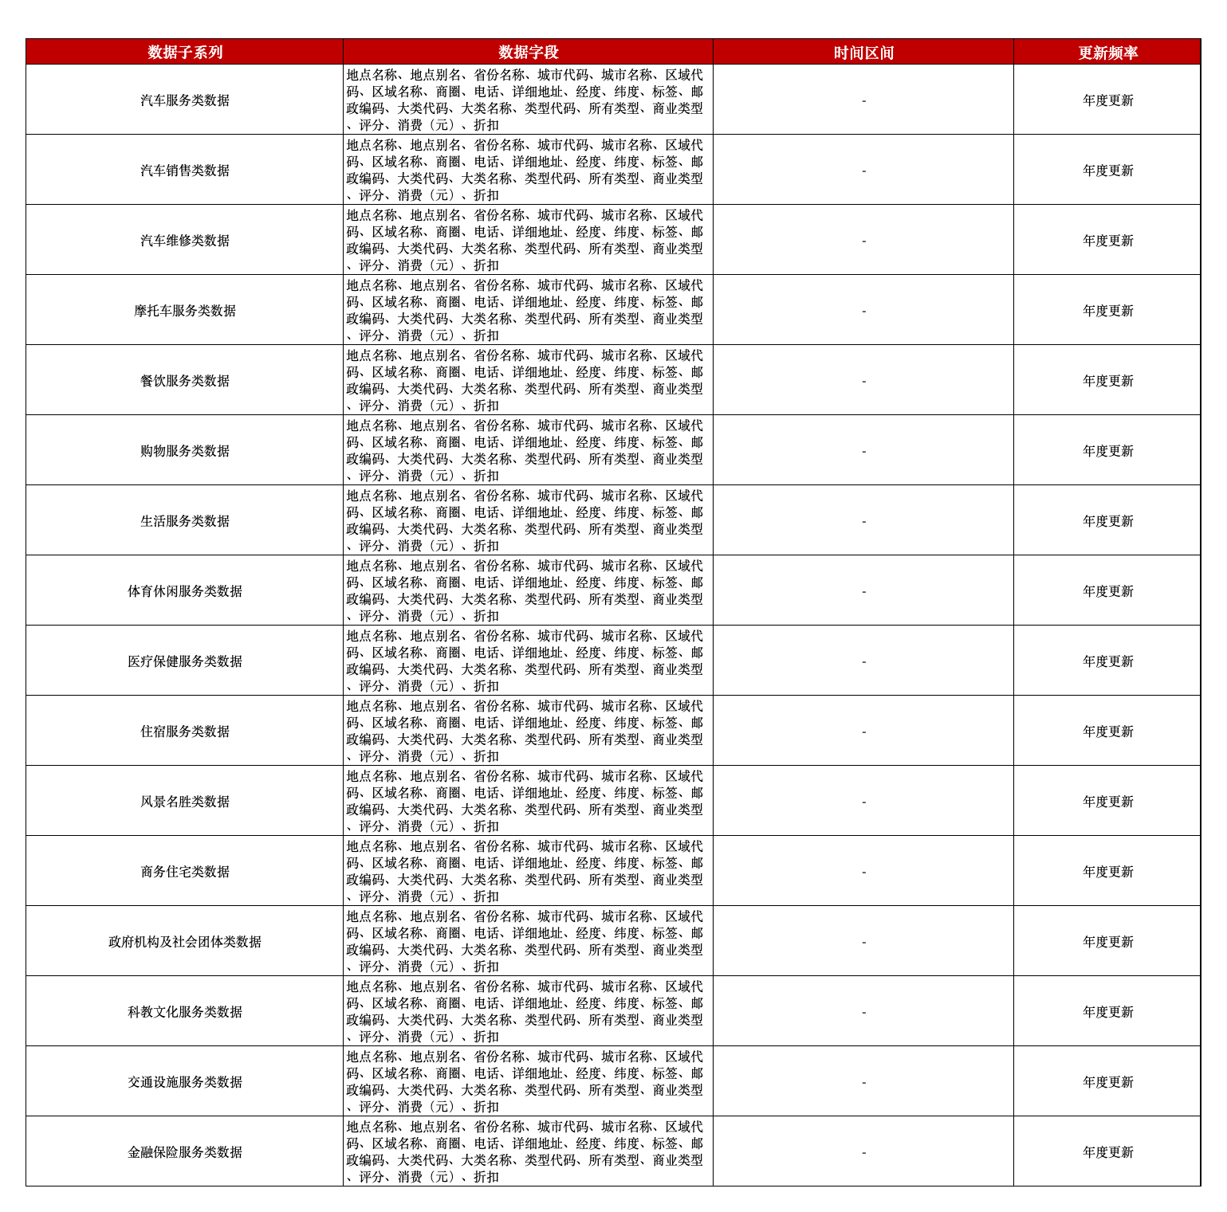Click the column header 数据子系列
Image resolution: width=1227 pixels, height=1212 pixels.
point(185,53)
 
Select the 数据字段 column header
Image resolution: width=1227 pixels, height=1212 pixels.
point(528,53)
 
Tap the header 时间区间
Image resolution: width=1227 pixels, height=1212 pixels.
point(863,53)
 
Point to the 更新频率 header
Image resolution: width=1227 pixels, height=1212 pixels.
point(1107,53)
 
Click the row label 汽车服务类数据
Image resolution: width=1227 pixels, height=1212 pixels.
point(185,100)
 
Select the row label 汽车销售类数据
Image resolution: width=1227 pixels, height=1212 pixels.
point(185,171)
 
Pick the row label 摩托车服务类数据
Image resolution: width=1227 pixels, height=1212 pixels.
point(185,311)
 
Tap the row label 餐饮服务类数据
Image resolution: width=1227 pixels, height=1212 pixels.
point(185,381)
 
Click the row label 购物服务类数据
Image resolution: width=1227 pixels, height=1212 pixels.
point(185,451)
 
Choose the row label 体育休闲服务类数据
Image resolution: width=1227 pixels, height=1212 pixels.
point(185,591)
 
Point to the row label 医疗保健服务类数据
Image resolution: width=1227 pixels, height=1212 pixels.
point(185,661)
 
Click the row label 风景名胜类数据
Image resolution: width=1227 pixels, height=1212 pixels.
point(185,802)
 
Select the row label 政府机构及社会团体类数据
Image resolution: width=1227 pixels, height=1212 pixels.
point(185,942)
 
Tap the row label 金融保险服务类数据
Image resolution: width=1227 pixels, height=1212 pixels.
point(185,1152)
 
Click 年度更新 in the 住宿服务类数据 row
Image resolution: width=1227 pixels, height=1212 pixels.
point(1107,732)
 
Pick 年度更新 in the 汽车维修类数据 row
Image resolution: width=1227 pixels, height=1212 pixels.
point(1107,241)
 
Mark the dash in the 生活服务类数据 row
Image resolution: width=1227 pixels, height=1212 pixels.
point(863,521)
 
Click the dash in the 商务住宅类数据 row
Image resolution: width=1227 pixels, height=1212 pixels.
point(863,872)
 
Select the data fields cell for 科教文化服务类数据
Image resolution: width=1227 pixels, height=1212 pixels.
point(528,1012)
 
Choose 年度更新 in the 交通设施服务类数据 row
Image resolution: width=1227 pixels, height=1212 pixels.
point(1107,1082)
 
